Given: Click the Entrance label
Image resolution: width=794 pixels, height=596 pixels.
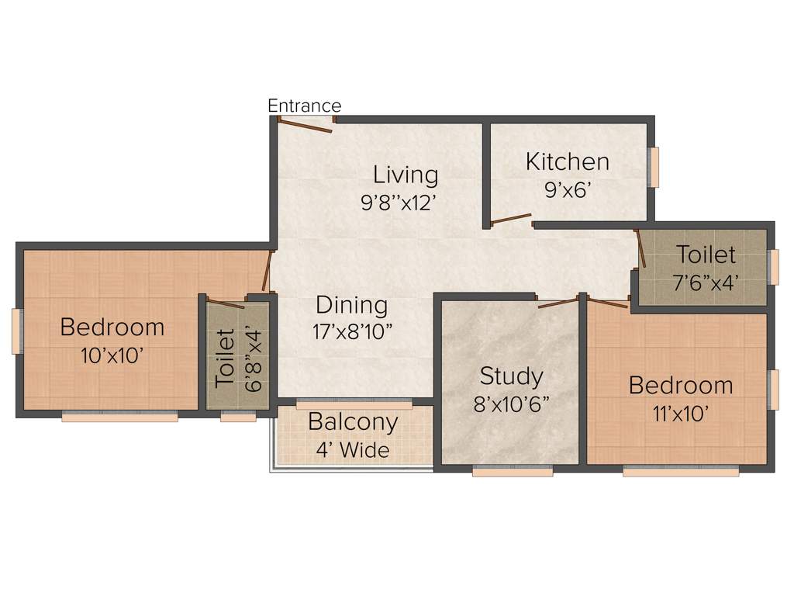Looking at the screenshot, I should (x=304, y=106).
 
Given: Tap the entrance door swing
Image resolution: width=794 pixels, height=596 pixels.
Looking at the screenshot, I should (x=306, y=125).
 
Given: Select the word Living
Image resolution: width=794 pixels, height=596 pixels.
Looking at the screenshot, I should (x=405, y=174).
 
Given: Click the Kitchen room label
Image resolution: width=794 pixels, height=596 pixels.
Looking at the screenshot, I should (x=567, y=161).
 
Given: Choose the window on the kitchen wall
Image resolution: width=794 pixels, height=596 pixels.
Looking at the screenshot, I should (x=654, y=167).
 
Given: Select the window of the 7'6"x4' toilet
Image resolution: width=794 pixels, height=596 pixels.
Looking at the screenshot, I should (x=773, y=266).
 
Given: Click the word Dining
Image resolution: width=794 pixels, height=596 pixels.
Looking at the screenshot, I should (x=351, y=305).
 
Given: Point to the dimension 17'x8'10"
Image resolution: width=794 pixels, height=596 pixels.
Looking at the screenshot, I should (x=353, y=333).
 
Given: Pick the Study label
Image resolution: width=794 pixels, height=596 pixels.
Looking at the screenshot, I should (x=511, y=376).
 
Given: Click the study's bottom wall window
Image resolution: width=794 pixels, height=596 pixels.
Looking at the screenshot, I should (x=512, y=470).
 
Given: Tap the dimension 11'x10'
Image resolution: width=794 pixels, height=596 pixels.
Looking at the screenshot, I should (x=680, y=413).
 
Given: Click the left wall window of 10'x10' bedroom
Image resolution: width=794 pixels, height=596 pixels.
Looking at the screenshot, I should (x=17, y=331).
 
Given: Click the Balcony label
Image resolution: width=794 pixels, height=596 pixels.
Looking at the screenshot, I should (x=353, y=422).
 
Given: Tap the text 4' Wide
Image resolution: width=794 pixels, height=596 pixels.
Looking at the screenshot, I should (x=353, y=449).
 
